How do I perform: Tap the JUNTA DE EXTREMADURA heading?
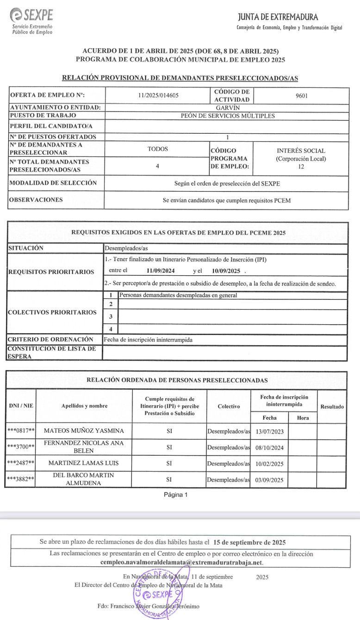point(278,17)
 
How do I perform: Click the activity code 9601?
point(301,96)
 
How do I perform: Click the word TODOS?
point(158,149)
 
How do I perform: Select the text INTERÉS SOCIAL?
point(301,150)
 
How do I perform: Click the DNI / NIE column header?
point(21,406)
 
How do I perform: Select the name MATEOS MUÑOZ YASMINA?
point(84,431)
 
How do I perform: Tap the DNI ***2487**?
point(21,463)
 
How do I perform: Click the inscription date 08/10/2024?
point(269,447)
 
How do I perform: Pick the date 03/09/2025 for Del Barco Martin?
point(269,480)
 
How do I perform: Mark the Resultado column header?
point(332,407)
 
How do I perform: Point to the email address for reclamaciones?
point(181,562)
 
